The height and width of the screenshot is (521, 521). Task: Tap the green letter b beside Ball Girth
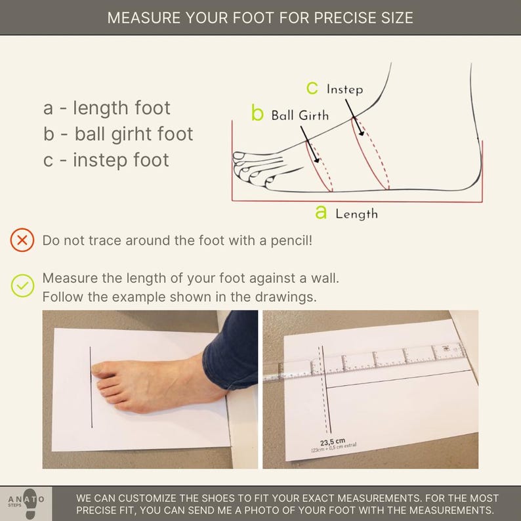pyautogui.click(x=257, y=112)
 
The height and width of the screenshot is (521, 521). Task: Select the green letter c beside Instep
pyautogui.click(x=312, y=88)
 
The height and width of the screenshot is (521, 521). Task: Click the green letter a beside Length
pyautogui.click(x=321, y=212)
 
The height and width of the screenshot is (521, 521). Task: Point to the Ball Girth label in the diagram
pyautogui.click(x=300, y=115)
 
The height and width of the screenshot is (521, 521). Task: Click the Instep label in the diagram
pyautogui.click(x=344, y=89)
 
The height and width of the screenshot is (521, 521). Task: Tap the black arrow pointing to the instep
pyautogui.click(x=355, y=117)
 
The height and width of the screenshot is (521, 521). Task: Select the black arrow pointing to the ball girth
pyautogui.click(x=310, y=144)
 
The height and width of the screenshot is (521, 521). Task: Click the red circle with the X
pyautogui.click(x=22, y=240)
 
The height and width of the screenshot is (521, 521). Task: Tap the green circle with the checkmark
pyautogui.click(x=22, y=285)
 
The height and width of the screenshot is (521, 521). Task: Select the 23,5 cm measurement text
pyautogui.click(x=333, y=442)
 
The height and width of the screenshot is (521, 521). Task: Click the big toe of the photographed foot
pyautogui.click(x=102, y=369)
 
